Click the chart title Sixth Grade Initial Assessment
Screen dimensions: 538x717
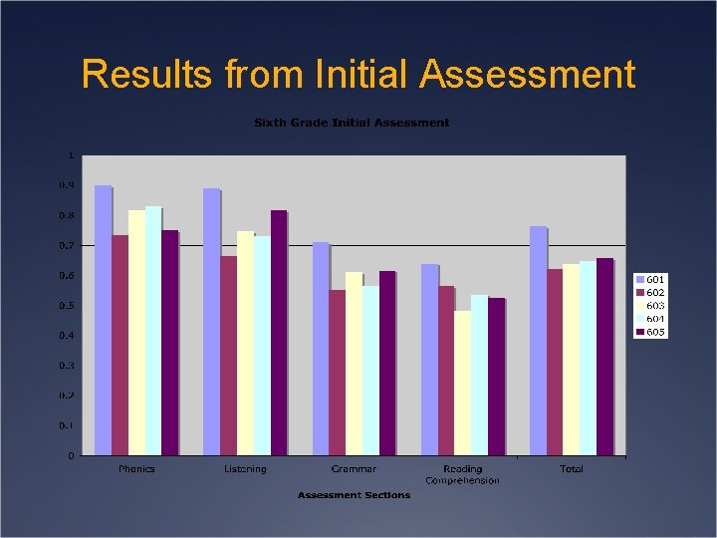tap(352, 123)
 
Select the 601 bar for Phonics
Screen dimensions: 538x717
tap(103, 320)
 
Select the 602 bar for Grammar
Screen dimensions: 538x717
tap(337, 373)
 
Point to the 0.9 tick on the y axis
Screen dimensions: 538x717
tap(66, 185)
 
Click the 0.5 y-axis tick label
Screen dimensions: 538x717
tap(66, 306)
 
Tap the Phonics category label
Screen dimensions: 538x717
tap(136, 469)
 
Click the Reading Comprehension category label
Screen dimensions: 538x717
tap(462, 474)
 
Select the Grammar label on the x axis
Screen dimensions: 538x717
tap(355, 469)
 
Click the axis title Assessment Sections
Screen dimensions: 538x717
tap(354, 495)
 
